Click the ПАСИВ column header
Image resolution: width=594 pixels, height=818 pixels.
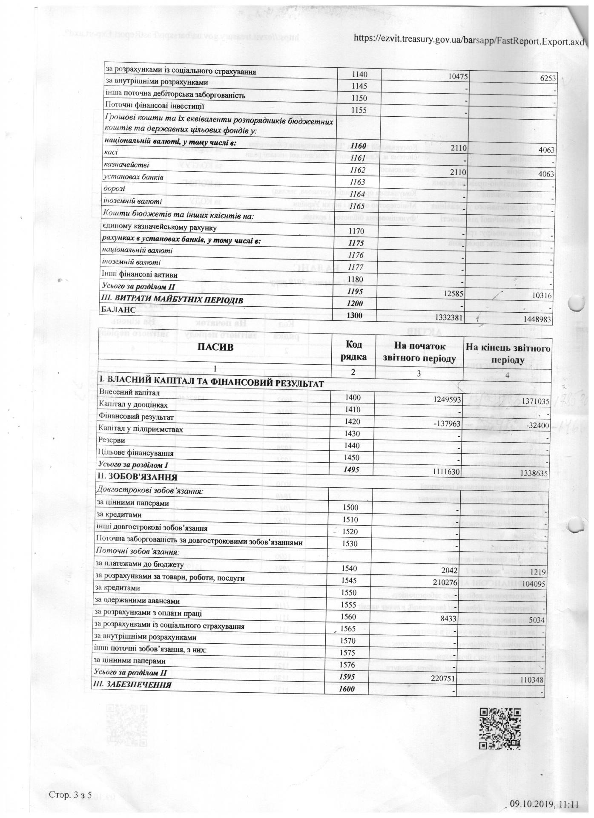[215, 347]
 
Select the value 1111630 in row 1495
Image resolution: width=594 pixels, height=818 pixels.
[442, 472]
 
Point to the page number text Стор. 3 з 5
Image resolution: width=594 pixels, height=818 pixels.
[70, 795]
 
